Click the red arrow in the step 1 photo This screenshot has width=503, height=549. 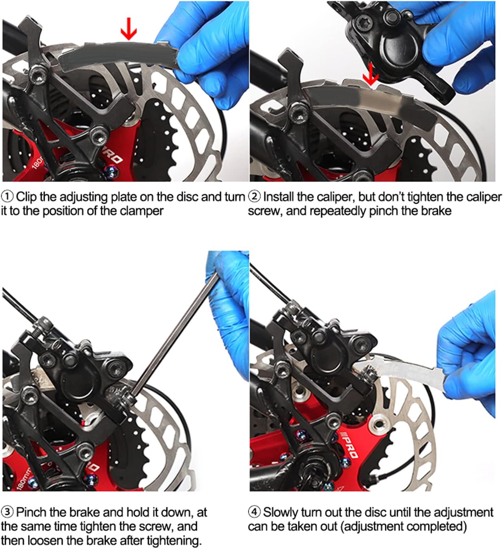coord(129,29)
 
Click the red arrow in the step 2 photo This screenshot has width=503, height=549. coord(370,74)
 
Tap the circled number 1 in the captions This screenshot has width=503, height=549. coord(7,197)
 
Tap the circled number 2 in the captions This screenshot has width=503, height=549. coord(255,197)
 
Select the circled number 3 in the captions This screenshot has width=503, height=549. coord(7,512)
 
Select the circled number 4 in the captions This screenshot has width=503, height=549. coord(255,512)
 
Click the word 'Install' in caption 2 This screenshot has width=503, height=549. coord(278,197)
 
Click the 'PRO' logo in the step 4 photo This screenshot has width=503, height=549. coord(349,446)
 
